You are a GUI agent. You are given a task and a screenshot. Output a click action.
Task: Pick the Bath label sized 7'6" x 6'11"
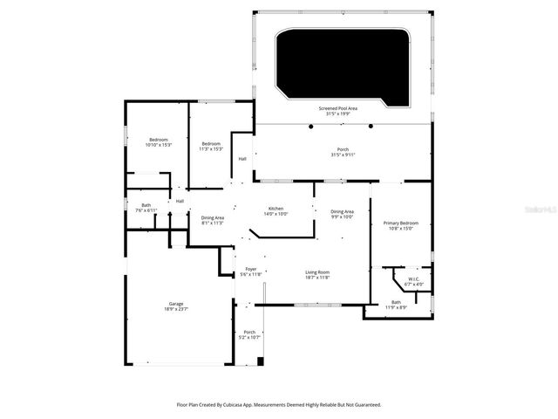tap(146, 208)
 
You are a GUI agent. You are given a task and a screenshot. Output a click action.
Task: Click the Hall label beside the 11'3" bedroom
tap(242, 159)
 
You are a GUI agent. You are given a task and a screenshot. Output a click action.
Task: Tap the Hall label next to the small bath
tap(180, 202)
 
